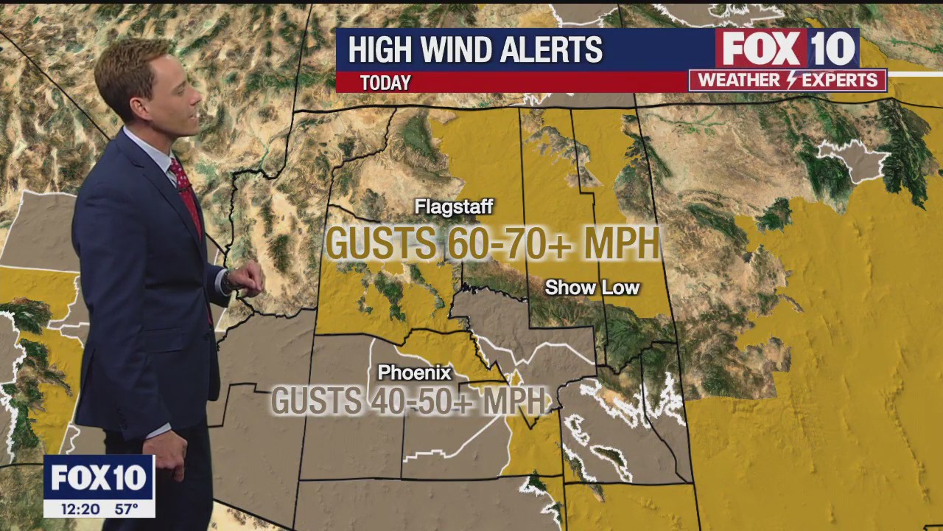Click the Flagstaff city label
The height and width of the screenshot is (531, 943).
453,206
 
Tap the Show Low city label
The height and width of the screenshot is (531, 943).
592,288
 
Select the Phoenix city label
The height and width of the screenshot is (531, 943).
414,372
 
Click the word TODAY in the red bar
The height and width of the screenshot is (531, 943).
385,83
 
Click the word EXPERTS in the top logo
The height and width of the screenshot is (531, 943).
839,80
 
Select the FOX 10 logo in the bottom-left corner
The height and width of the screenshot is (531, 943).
99,478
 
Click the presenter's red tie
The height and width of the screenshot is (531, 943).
187,195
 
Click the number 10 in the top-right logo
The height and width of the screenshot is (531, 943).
832,49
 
